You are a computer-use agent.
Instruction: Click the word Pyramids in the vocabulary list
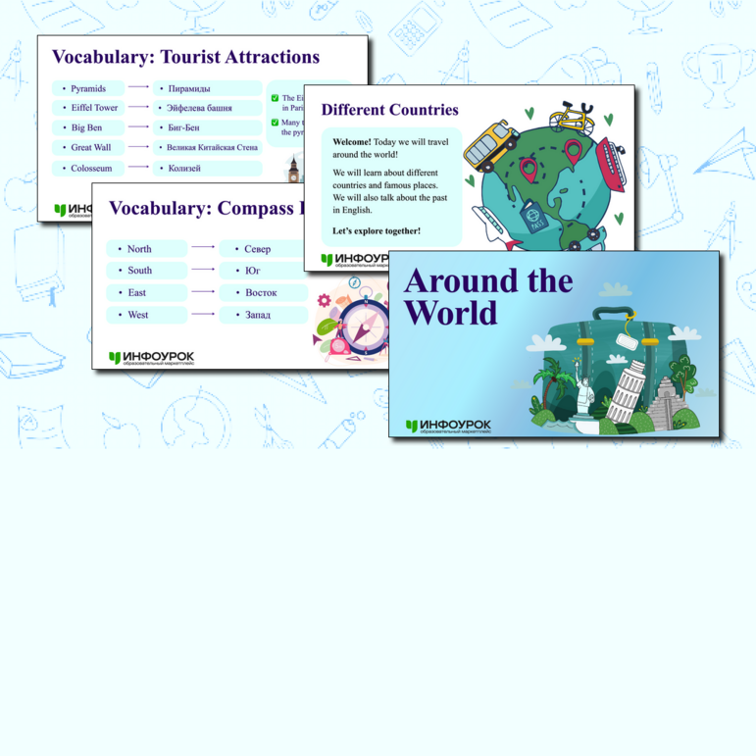pos(88,89)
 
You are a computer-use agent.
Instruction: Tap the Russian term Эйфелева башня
pos(200,108)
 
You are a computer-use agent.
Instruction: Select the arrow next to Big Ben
pos(138,127)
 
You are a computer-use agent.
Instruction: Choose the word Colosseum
pos(91,169)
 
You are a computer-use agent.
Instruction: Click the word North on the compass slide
pos(139,249)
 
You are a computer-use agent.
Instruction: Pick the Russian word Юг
pos(253,271)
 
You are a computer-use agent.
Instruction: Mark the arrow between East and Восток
pos(203,292)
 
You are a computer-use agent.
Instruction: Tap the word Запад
pos(258,315)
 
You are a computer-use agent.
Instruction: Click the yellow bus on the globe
pos(490,145)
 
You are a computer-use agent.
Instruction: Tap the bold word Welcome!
pos(352,142)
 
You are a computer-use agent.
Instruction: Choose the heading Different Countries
pos(389,110)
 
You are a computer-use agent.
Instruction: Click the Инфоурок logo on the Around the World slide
pos(448,426)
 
